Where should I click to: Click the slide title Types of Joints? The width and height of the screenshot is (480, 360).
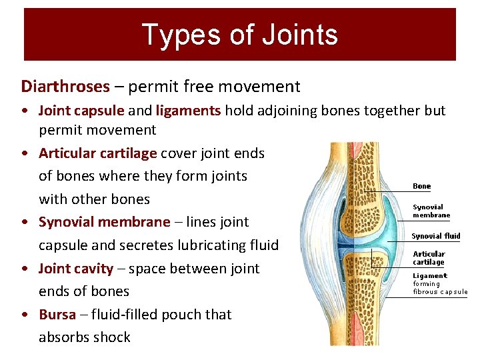(x=239, y=35)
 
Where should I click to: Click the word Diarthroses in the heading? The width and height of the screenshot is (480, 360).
(x=65, y=87)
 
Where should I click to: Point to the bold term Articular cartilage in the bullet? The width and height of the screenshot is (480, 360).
(x=98, y=153)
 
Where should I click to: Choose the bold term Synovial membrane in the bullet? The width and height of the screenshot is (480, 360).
(x=105, y=222)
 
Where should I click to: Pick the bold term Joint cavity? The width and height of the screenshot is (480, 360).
(x=76, y=269)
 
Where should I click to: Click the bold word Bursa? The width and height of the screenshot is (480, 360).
(x=57, y=315)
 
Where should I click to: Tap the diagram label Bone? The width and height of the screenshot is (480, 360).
(x=422, y=187)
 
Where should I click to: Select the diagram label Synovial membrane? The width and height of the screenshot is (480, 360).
(x=431, y=211)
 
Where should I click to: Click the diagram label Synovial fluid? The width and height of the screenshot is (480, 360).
(x=435, y=236)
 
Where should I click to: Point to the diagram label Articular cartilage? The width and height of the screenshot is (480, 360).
(x=429, y=258)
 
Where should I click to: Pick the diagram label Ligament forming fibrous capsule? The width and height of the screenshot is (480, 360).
(x=439, y=283)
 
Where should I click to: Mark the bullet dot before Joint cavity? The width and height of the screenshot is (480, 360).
(x=24, y=269)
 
